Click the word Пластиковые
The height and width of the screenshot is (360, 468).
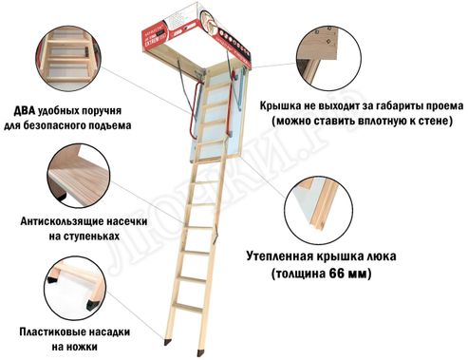(55, 333)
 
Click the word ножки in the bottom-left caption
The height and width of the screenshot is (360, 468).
(78, 349)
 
